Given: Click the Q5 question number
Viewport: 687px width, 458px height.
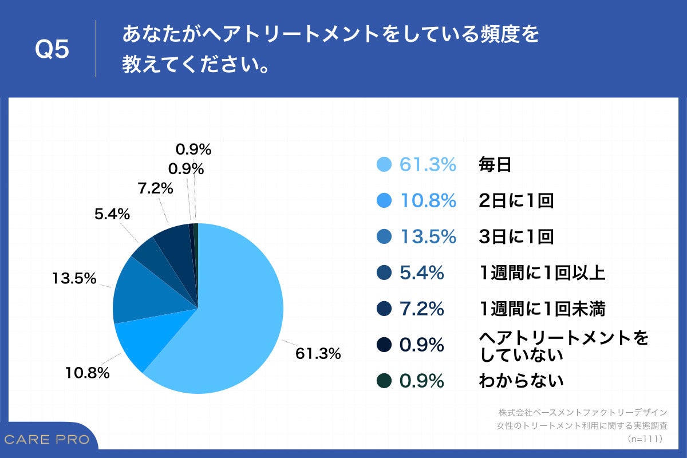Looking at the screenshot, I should click(x=52, y=50).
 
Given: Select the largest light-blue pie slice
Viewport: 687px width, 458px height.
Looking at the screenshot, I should click(x=240, y=321).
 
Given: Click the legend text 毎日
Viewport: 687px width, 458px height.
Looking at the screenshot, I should click(x=495, y=165).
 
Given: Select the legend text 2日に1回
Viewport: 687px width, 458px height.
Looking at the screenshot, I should click(x=516, y=200).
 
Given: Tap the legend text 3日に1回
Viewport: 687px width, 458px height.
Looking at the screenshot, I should click(x=516, y=236).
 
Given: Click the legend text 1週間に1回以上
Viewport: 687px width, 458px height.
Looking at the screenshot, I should click(x=542, y=273).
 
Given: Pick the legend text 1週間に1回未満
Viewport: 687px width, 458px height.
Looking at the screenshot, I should click(x=542, y=309).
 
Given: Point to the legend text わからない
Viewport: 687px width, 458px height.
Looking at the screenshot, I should click(x=521, y=380).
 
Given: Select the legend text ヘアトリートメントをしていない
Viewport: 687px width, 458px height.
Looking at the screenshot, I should click(x=563, y=346).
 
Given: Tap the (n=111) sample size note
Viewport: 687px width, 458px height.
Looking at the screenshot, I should click(x=645, y=439).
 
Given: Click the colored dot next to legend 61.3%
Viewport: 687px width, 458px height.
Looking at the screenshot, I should click(x=385, y=165).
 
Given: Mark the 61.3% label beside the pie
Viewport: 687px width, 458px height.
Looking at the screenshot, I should click(x=318, y=354).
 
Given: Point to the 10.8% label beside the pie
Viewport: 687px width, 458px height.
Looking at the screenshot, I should click(x=86, y=373).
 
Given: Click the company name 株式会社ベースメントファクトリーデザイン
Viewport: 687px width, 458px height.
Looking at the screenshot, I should click(x=583, y=412).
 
